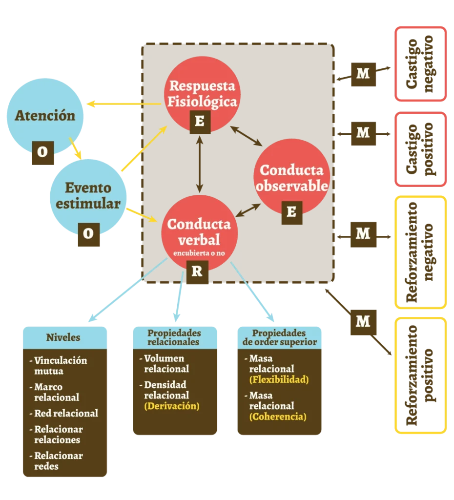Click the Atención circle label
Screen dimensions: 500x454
click(x=45, y=116)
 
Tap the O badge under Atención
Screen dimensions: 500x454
click(x=42, y=152)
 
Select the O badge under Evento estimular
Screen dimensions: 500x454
click(x=88, y=233)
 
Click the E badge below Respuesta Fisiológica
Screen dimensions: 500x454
click(x=199, y=121)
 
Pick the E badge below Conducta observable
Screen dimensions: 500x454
click(x=291, y=211)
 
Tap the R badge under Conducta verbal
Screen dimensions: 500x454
click(x=197, y=271)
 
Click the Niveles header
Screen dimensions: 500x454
click(x=63, y=337)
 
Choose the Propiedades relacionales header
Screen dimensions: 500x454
click(x=174, y=337)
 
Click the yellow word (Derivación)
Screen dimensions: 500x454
click(x=172, y=406)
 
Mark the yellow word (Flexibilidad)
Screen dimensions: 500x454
click(x=279, y=379)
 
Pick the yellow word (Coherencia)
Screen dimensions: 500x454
click(x=278, y=417)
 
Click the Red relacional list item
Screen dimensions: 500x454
click(x=66, y=413)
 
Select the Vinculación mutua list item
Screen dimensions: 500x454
click(x=60, y=366)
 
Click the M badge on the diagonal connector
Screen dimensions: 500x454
click(x=363, y=321)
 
